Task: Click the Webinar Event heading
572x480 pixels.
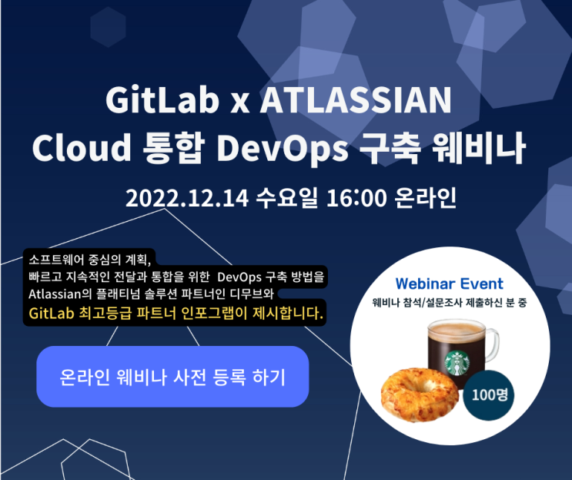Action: click(449, 284)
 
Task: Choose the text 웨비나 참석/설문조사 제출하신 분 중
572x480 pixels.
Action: click(449, 302)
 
